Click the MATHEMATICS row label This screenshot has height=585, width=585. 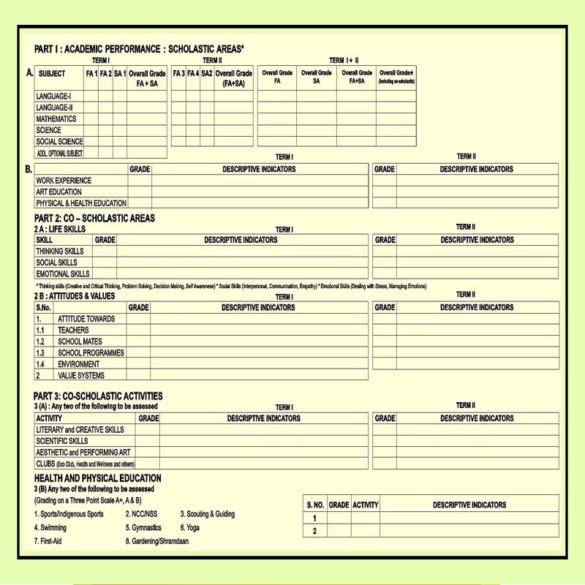pos(56,119)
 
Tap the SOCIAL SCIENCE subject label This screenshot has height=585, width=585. pos(59,142)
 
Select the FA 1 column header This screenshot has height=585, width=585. pos(91,74)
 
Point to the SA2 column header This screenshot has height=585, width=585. pos(207,74)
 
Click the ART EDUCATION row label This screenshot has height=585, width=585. pos(59,192)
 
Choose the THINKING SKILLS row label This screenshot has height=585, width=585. pos(60,252)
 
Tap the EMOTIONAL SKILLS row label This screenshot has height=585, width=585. pos(63,274)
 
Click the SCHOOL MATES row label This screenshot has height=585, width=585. pos(80,341)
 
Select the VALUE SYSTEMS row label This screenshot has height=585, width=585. pos(81,375)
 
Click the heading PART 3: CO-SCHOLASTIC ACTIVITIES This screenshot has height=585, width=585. pos(98,396)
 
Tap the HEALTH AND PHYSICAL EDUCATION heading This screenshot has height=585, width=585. pos(97,479)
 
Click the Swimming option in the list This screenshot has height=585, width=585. pos(50,527)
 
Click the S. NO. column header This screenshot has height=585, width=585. pos(315,505)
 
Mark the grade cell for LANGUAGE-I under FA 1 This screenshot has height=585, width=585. pos(91,97)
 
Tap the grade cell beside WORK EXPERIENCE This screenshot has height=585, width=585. pos(140,181)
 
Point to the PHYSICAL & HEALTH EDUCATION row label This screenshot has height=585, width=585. pos(81,203)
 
